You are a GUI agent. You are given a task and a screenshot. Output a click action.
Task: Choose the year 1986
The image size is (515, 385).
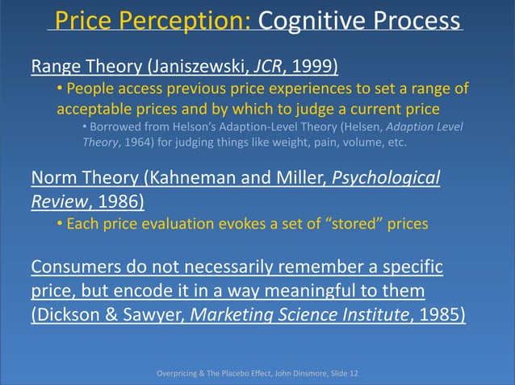[119, 198]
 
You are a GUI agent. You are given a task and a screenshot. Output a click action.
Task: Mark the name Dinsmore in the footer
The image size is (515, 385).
[303, 373]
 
